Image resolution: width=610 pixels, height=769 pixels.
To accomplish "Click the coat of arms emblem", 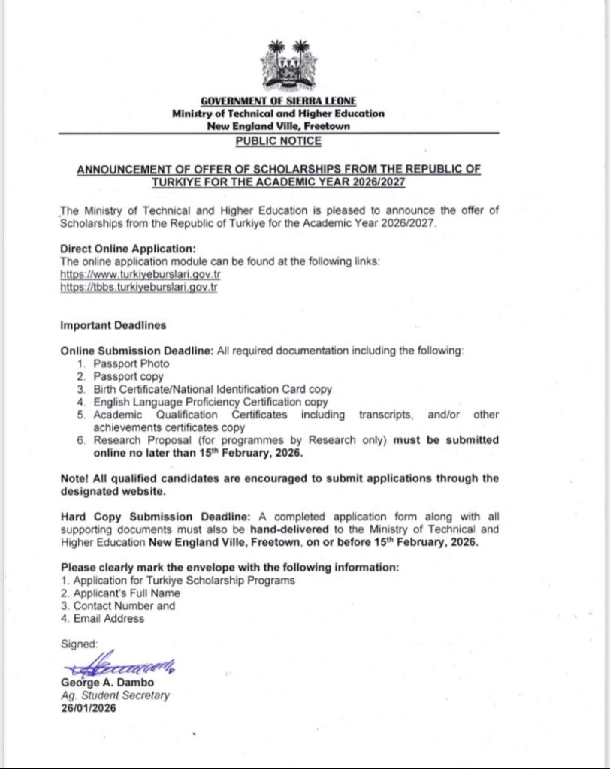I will pyautogui.click(x=289, y=65).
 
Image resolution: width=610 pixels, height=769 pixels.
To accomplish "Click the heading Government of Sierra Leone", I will pyautogui.click(x=279, y=101).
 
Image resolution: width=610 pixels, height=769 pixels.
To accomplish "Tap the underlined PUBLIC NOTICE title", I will pyautogui.click(x=278, y=140).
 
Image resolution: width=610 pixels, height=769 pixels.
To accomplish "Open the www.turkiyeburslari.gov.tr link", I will pyautogui.click(x=140, y=274).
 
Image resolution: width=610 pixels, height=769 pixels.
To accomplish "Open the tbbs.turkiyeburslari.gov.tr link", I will pyautogui.click(x=139, y=287).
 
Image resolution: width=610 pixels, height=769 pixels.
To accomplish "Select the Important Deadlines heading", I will pyautogui.click(x=113, y=326).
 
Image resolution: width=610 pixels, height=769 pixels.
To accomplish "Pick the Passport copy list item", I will pyautogui.click(x=128, y=377).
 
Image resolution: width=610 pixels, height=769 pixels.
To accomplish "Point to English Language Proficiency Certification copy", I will pyautogui.click(x=211, y=402).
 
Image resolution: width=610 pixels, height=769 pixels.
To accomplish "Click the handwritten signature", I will pyautogui.click(x=120, y=664).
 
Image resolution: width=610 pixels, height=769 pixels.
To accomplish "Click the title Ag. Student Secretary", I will pyautogui.click(x=115, y=695).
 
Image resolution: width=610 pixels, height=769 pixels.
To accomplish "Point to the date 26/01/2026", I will pyautogui.click(x=89, y=708).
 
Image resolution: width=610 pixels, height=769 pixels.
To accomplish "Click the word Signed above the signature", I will pyautogui.click(x=79, y=644).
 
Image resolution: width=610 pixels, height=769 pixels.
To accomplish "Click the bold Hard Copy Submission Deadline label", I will pyautogui.click(x=156, y=517).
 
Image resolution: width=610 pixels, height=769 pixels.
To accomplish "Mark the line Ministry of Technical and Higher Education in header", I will pyautogui.click(x=278, y=114).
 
